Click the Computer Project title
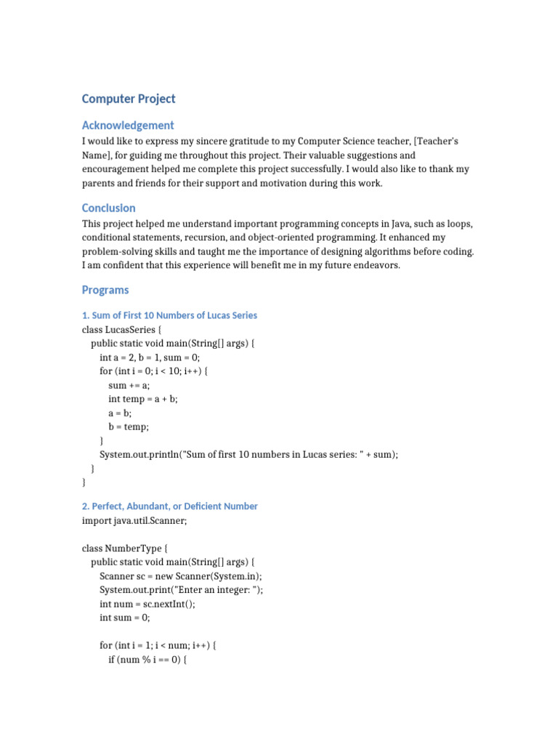(129, 99)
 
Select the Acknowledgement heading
(128, 125)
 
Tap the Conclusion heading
(108, 208)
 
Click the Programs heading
(105, 290)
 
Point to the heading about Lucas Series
(169, 315)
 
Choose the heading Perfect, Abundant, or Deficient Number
(170, 506)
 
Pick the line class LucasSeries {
(122, 330)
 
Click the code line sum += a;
(129, 385)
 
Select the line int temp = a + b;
(143, 399)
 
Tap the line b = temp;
(129, 426)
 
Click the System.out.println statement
(249, 454)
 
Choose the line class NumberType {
(120, 548)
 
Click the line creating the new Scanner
(181, 575)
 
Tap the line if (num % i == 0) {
(147, 659)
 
